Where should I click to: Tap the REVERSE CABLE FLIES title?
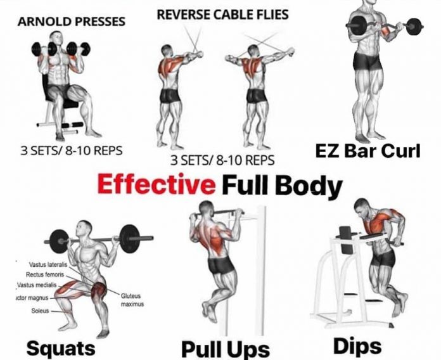click(x=222, y=14)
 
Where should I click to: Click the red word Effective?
click(x=156, y=186)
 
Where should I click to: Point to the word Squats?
click(x=61, y=347)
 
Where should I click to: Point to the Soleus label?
click(x=40, y=311)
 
